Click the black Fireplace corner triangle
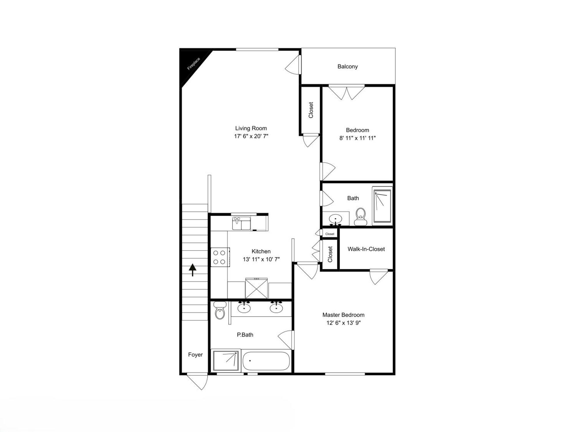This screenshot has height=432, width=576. pos(191,65)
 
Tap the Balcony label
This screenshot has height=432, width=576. pos(347,67)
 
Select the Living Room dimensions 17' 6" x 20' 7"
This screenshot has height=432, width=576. pos(251,136)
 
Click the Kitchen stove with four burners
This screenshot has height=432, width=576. pos(220,257)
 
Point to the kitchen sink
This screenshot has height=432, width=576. pos(241,223)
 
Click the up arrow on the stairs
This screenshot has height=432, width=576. pos(193,270)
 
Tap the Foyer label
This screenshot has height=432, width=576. pos(195,355)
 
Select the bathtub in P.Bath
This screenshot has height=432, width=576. pos(266,361)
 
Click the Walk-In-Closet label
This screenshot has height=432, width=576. pos(366,249)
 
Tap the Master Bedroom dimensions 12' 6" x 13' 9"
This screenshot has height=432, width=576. pos(343,323)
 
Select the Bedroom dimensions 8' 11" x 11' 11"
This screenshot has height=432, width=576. pos(357,138)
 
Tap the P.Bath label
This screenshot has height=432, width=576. pos(245,335)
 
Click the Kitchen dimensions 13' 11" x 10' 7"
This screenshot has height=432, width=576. pos(261,259)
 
